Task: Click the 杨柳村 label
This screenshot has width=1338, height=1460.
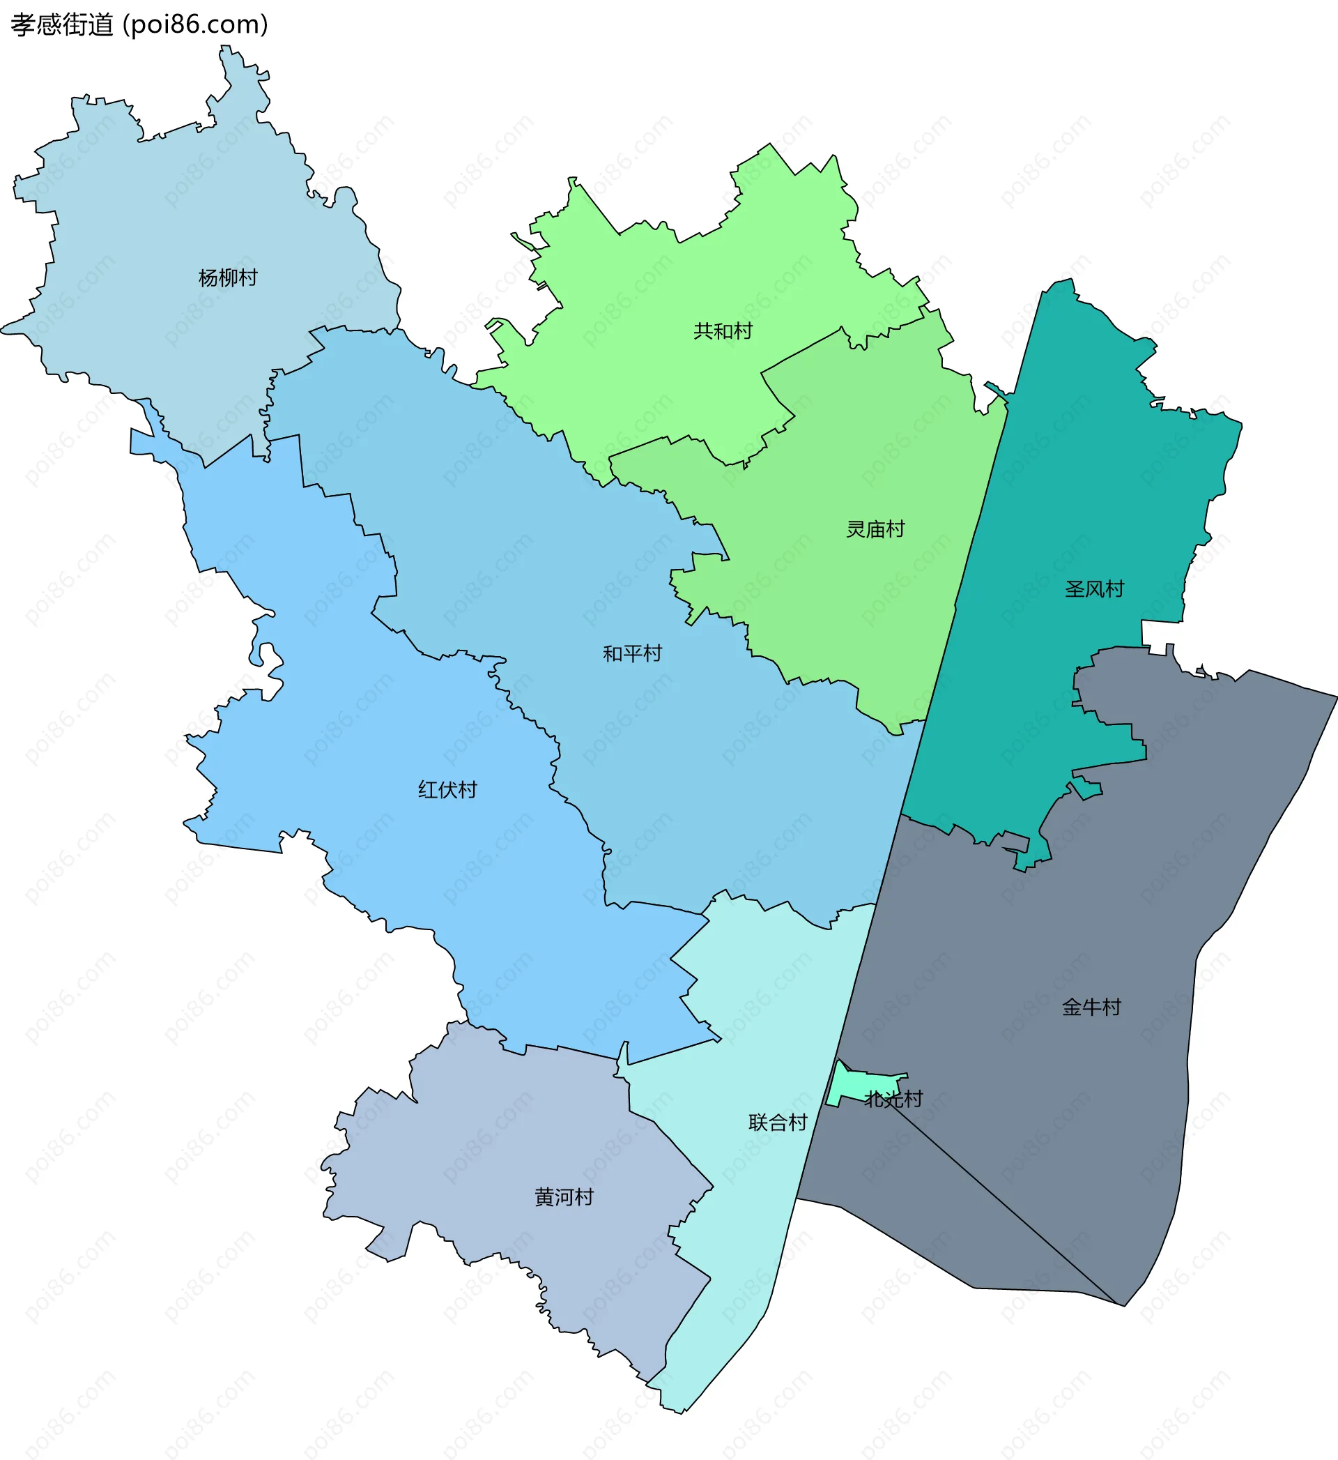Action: click(228, 277)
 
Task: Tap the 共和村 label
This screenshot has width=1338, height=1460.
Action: click(723, 331)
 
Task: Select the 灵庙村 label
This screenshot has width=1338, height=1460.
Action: click(875, 529)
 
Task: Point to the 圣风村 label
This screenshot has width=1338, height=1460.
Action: click(1094, 588)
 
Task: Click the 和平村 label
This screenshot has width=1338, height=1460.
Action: click(632, 653)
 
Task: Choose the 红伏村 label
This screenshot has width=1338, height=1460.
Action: click(447, 789)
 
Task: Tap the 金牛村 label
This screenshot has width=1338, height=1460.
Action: click(1091, 1007)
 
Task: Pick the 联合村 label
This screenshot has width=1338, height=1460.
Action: click(778, 1123)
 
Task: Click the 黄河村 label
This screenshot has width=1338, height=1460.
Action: click(564, 1197)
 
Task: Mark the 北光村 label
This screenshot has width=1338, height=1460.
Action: click(893, 1100)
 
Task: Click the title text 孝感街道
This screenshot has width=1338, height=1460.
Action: click(62, 24)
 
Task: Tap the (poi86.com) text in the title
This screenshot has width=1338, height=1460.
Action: click(196, 24)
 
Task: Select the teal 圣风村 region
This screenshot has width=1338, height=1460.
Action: click(1086, 471)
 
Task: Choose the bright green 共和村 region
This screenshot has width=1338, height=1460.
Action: click(652, 289)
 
